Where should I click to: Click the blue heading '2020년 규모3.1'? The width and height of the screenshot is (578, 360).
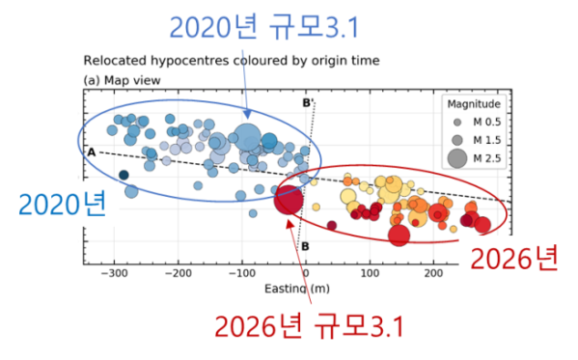(264, 27)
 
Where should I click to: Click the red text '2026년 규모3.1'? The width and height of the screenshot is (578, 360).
(310, 326)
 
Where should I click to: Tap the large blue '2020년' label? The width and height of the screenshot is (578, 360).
(63, 204)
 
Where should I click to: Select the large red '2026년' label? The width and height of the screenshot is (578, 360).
(514, 259)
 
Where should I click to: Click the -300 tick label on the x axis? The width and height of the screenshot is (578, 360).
(114, 273)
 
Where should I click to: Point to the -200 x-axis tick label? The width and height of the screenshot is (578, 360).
(179, 273)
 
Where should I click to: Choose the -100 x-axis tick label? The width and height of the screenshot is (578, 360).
(242, 273)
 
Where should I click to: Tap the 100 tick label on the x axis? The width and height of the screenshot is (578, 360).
(370, 273)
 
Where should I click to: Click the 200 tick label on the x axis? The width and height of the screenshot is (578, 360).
(433, 273)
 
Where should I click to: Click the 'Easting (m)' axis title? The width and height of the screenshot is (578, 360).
(297, 289)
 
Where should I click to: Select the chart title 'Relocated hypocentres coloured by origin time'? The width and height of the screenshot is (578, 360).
(232, 61)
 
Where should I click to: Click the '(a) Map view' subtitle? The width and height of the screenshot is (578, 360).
(122, 80)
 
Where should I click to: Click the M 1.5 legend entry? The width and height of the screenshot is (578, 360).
(477, 140)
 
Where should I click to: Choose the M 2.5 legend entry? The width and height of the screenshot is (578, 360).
(475, 158)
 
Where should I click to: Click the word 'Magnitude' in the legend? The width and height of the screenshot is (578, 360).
(474, 104)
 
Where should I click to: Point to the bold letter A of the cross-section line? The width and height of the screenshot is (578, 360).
(92, 152)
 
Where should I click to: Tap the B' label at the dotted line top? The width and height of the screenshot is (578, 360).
(308, 102)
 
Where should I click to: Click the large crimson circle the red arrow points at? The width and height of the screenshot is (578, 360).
(289, 200)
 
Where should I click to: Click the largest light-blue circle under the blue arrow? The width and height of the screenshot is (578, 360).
(247, 137)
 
